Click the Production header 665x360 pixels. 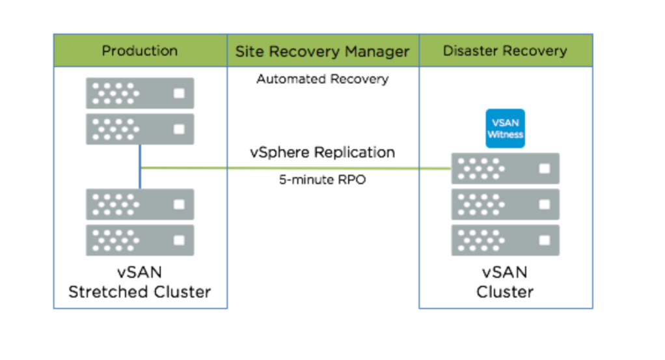point(140,51)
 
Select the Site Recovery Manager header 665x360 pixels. point(322,51)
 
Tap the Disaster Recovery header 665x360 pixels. point(505,51)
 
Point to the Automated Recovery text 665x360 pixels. point(322,79)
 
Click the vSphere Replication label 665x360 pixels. point(322,153)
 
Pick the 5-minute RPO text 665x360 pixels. point(322,180)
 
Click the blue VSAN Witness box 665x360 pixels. point(506,128)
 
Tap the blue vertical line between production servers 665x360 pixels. point(140,167)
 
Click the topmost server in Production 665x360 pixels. point(140,93)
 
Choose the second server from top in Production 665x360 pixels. point(140,129)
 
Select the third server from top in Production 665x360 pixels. point(140,204)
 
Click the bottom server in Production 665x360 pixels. point(140,240)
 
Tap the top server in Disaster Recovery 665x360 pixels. point(506,169)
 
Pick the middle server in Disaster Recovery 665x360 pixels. point(506,204)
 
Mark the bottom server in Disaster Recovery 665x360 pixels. point(506,240)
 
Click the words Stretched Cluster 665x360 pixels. point(140,291)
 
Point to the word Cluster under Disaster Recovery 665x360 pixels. point(505,291)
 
